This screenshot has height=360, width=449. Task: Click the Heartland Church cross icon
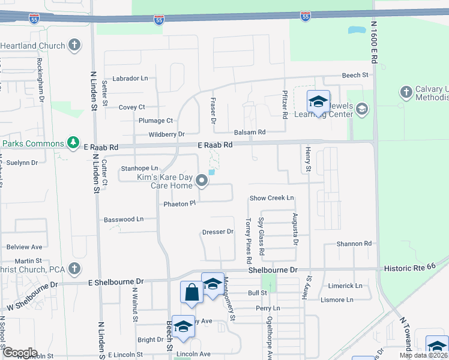(74, 46)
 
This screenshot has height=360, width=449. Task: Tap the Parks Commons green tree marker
(73, 143)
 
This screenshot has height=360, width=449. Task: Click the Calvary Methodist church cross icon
(406, 92)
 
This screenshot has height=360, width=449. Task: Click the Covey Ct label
(132, 107)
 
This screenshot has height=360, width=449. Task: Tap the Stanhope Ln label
(139, 169)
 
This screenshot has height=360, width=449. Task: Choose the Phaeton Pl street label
(180, 204)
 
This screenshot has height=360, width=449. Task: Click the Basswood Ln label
(124, 220)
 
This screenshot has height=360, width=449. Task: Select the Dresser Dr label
(217, 232)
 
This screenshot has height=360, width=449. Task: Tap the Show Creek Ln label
(272, 198)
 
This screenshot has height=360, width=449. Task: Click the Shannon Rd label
(354, 244)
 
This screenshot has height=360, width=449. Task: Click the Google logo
(19, 353)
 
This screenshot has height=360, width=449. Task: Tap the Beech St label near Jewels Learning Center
(355, 75)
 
